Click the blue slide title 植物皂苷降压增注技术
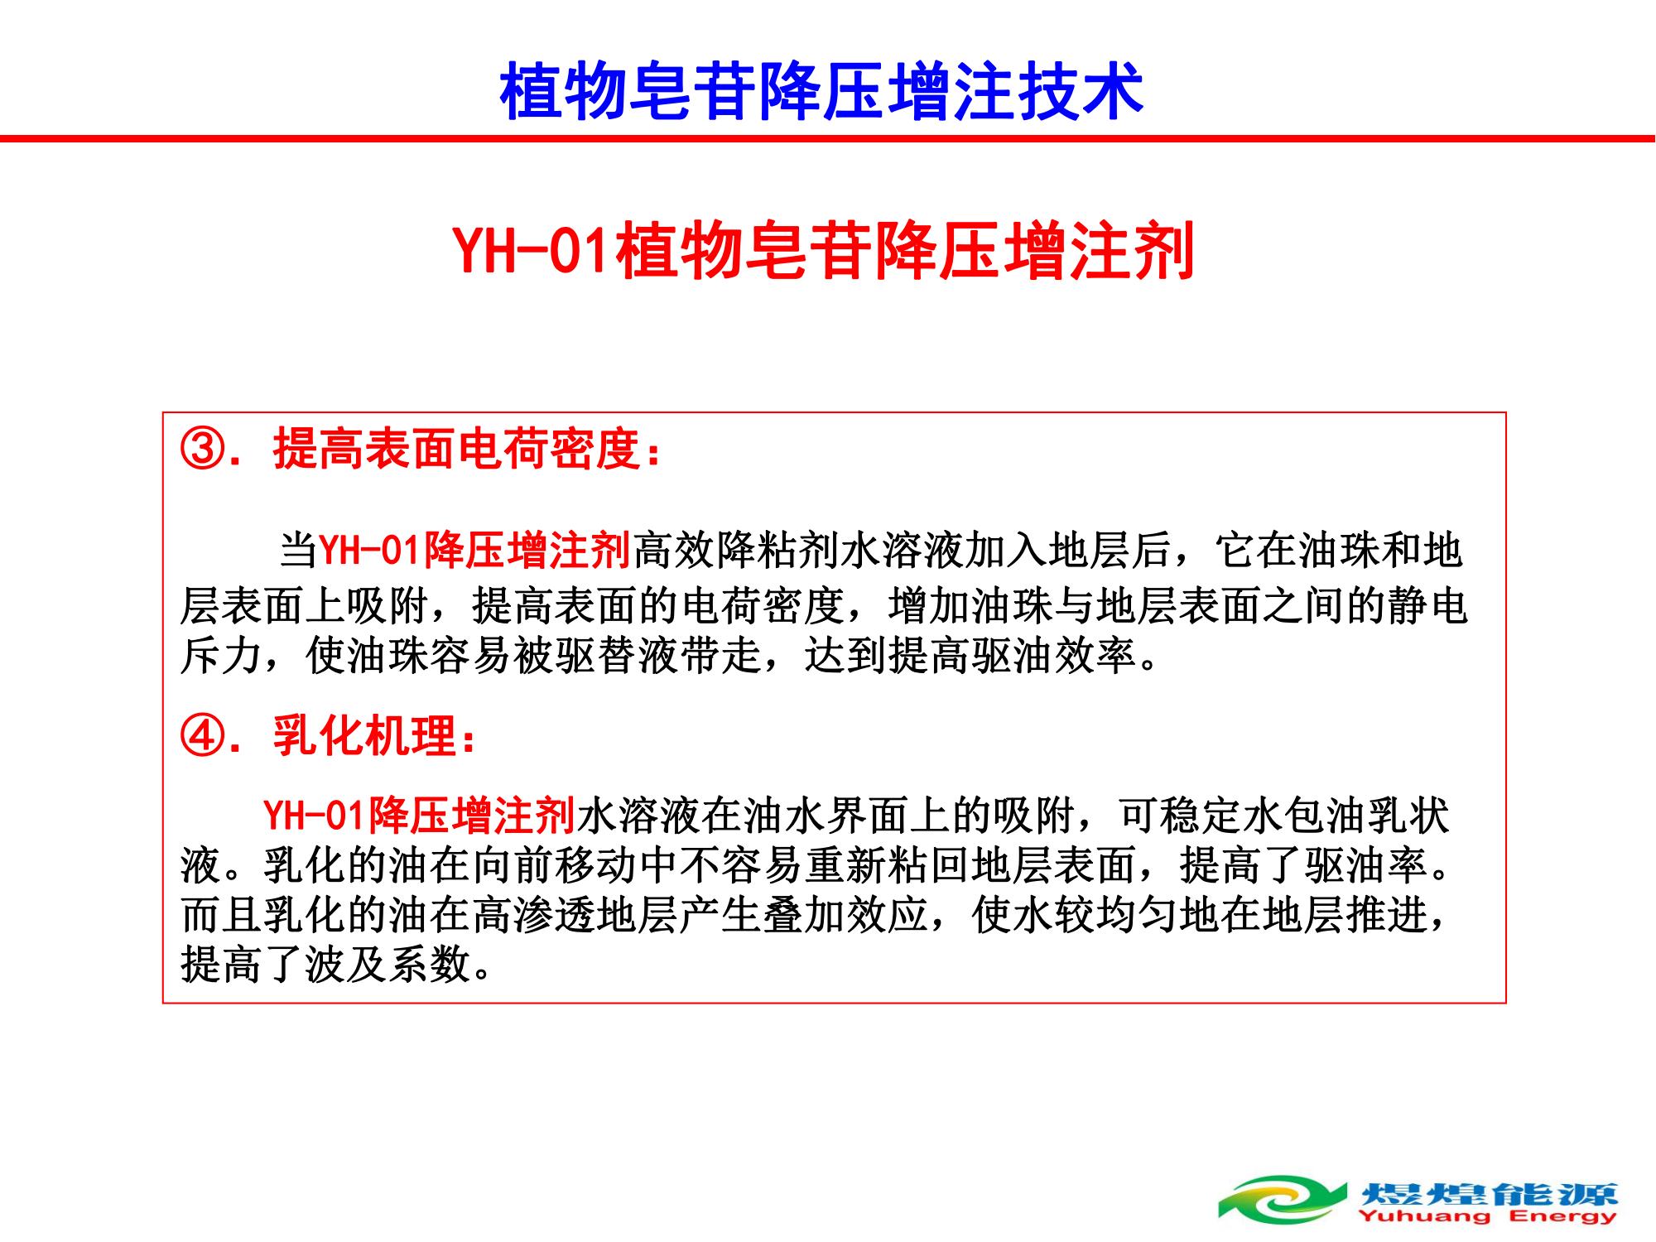(x=821, y=90)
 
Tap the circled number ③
(x=201, y=450)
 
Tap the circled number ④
(x=201, y=734)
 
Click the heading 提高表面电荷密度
(x=458, y=450)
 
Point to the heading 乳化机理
(x=365, y=734)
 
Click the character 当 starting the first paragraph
(x=298, y=551)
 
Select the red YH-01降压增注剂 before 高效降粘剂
(x=475, y=551)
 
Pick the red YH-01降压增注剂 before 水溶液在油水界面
(x=419, y=815)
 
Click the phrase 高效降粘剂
(x=736, y=551)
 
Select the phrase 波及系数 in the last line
(x=388, y=964)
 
